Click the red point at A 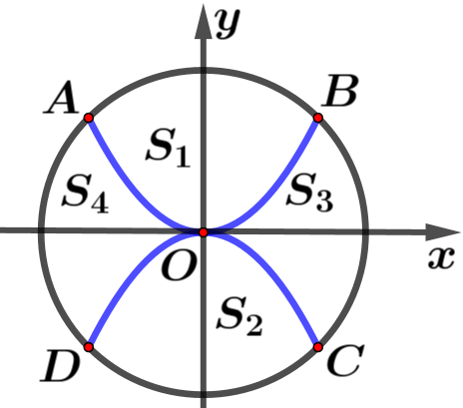pyautogui.click(x=89, y=118)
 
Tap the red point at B pyautogui.click(x=318, y=118)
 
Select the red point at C pyautogui.click(x=318, y=347)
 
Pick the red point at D pyautogui.click(x=89, y=347)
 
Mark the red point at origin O pyautogui.click(x=204, y=232)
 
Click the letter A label pyautogui.click(x=62, y=98)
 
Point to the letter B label pyautogui.click(x=340, y=91)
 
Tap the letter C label pyautogui.click(x=345, y=360)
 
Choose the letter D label pyautogui.click(x=60, y=365)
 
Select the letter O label pyautogui.click(x=178, y=264)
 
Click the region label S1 pyautogui.click(x=168, y=148)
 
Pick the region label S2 pyautogui.click(x=239, y=316)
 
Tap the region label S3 pyautogui.click(x=309, y=193)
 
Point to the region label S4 pyautogui.click(x=86, y=194)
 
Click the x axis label pyautogui.click(x=441, y=257)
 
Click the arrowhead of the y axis pyautogui.click(x=204, y=21)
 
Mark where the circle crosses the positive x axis pyautogui.click(x=366, y=231)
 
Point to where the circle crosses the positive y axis pyautogui.click(x=204, y=70)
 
